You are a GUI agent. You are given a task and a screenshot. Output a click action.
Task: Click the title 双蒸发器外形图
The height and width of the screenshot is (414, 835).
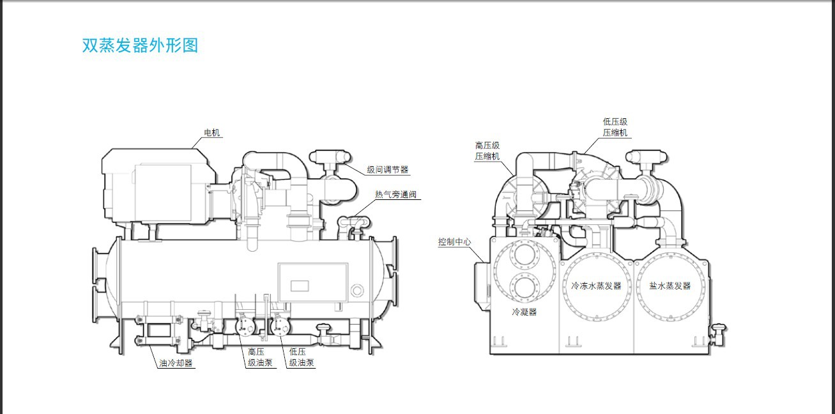[x=140, y=45]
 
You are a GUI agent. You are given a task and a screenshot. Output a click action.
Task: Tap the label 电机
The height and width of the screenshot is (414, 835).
[x=211, y=132]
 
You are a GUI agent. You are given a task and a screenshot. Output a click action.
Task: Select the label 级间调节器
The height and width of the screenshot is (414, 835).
[x=388, y=169]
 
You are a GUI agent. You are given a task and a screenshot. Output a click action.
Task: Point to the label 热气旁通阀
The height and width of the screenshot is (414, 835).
[x=395, y=194]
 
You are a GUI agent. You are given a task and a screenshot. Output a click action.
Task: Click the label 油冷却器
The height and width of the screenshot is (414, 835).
[x=176, y=363]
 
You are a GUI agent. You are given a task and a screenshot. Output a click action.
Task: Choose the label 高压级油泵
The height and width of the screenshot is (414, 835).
[x=260, y=357]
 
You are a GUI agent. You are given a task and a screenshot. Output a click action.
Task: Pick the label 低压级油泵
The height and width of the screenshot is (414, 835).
[x=301, y=357]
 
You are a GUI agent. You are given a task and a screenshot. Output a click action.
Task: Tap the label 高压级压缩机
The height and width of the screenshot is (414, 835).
[x=487, y=151]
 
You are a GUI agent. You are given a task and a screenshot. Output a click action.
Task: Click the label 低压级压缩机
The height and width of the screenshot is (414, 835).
[x=615, y=127]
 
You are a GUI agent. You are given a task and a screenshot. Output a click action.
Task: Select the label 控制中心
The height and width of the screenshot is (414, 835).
[x=454, y=241]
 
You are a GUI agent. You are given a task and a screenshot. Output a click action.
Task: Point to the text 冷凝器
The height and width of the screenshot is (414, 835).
[x=524, y=312]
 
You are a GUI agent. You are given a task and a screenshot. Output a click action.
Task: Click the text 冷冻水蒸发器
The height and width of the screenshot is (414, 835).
[x=597, y=286]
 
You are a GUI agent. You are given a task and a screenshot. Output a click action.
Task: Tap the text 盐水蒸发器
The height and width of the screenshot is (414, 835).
[x=670, y=286]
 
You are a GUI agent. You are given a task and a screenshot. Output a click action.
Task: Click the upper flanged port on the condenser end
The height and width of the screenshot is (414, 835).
[x=525, y=257]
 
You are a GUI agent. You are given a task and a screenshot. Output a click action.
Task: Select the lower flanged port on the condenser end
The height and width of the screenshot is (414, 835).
[x=525, y=289]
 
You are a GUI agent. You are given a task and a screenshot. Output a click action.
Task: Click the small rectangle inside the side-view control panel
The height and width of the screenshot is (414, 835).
[x=300, y=286]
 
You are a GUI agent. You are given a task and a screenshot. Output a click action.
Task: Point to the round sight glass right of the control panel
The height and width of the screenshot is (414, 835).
[x=356, y=289]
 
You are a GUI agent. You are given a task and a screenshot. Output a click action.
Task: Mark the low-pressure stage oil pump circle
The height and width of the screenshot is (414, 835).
[x=280, y=326]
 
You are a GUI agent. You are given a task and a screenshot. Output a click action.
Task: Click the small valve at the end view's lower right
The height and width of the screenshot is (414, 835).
[x=717, y=333]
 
